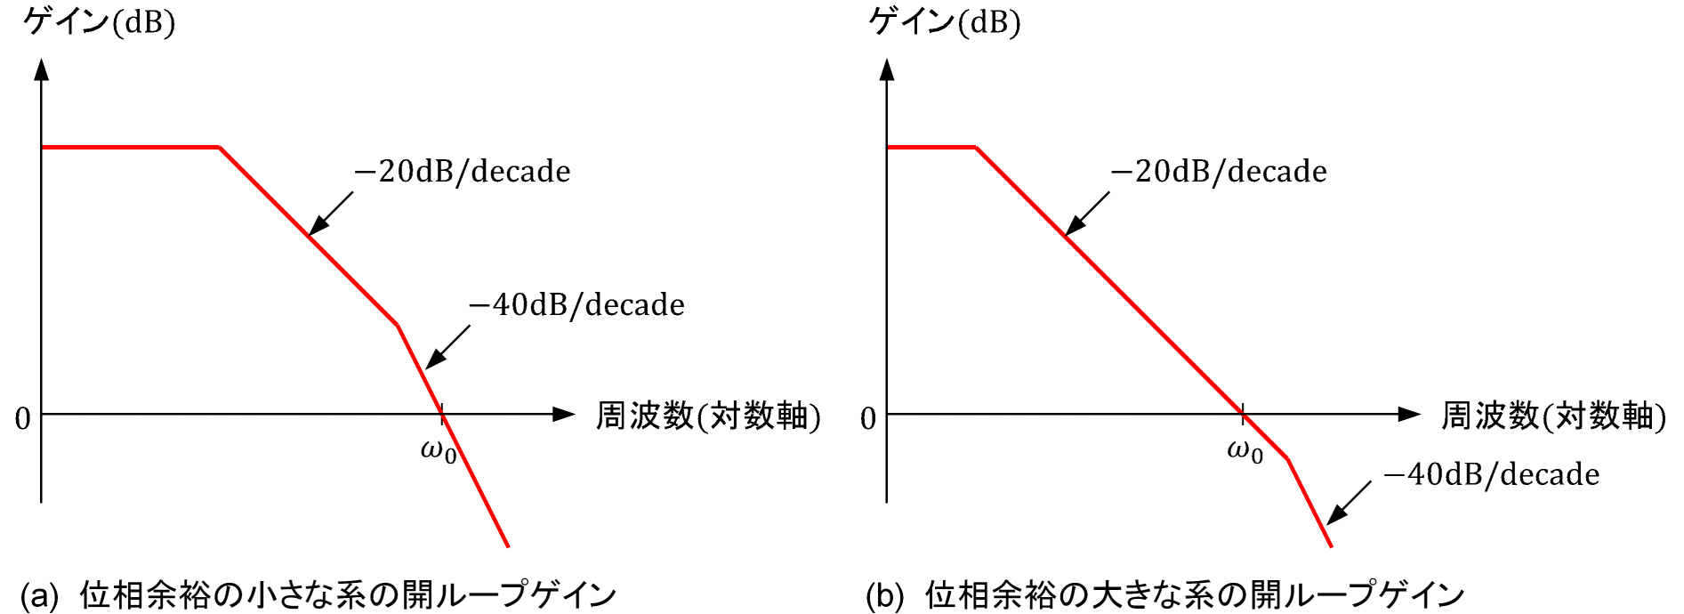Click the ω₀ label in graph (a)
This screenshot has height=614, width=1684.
tap(439, 451)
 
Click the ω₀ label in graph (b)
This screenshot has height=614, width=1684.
tap(1245, 451)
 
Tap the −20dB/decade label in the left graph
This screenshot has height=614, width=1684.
tap(463, 171)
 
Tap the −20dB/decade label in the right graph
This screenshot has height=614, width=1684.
tap(1219, 171)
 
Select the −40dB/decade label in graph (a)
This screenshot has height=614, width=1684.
tap(576, 304)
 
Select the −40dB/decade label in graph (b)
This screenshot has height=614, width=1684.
tap(1491, 474)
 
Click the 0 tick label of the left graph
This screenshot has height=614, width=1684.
tap(22, 418)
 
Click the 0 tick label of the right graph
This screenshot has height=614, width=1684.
tap(868, 418)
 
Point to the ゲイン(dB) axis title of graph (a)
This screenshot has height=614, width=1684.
tap(99, 20)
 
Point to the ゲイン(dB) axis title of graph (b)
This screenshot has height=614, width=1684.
tap(944, 20)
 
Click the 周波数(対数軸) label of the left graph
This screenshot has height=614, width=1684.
tap(707, 416)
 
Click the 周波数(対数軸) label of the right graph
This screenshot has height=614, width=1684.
tap(1553, 416)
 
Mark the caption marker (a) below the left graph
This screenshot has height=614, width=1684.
tap(39, 595)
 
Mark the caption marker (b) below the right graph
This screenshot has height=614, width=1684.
tap(885, 595)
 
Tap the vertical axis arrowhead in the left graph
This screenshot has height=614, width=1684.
tap(41, 69)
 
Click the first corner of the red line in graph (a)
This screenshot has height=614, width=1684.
tap(220, 147)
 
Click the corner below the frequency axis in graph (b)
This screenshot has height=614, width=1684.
tap(1287, 459)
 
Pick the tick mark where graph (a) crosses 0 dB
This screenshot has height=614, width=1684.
tap(442, 414)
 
